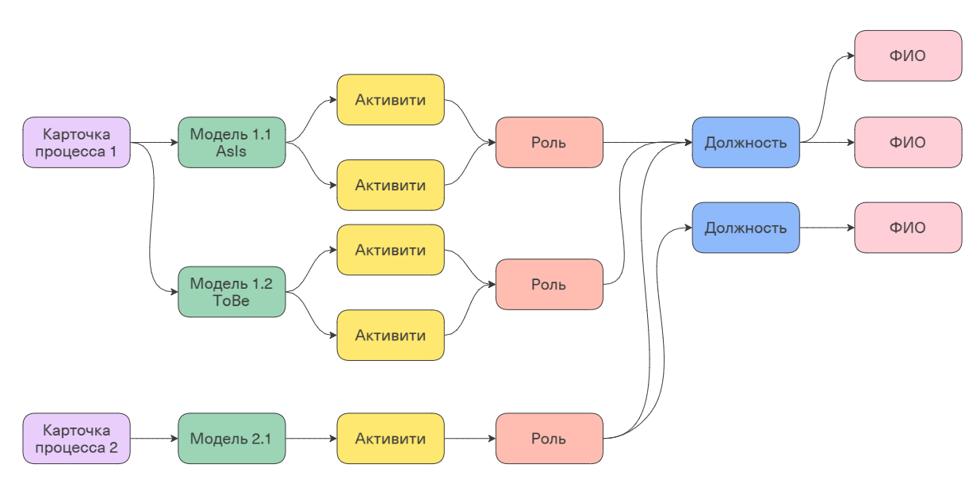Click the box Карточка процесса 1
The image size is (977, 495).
[x=76, y=143]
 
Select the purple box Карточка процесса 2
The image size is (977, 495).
[x=76, y=439]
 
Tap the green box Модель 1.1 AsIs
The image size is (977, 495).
[x=232, y=143]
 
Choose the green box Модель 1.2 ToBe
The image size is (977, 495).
[x=232, y=292]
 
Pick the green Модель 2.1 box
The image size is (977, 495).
[x=232, y=439]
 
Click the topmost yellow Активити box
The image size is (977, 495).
[x=390, y=100]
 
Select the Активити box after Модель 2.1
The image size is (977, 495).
[x=390, y=439]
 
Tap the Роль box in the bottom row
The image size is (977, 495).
[x=549, y=439]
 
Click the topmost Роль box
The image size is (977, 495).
[x=549, y=143]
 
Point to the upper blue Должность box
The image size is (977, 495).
[x=745, y=143]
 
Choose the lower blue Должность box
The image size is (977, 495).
[x=745, y=228]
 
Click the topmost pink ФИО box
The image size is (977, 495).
[x=907, y=56]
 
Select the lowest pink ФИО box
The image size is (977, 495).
[x=907, y=228]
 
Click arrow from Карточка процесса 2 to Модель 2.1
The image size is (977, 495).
[x=154, y=439]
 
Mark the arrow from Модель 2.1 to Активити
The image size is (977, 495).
[x=311, y=439]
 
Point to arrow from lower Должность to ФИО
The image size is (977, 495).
[x=826, y=228]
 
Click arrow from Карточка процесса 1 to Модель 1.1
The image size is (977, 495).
[x=154, y=143]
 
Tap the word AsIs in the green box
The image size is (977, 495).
[x=232, y=152]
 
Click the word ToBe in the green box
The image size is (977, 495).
[x=232, y=301]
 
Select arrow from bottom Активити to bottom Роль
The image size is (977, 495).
[x=469, y=439]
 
